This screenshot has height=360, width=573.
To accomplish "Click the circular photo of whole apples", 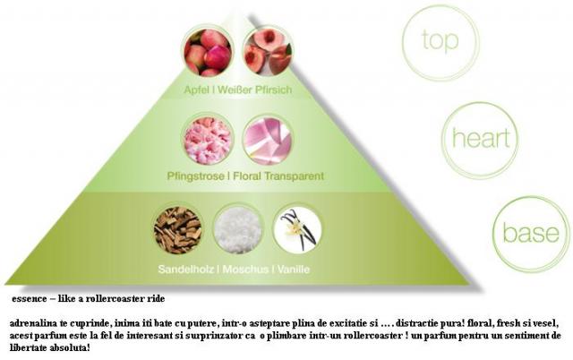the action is coord(208,53).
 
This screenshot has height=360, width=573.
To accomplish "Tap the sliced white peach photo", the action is coord(268,53).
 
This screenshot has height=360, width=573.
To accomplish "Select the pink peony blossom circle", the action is coord(208,141).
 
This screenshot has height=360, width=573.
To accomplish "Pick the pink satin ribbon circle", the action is coord(268,141).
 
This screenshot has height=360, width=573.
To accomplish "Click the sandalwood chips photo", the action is coord(177,230).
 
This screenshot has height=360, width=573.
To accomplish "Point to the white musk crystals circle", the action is coord(238,230).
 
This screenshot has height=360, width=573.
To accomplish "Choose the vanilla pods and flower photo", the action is coord(298,230).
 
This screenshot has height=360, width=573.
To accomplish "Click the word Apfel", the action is coord(197,90).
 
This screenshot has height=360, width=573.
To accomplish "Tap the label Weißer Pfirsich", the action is coord(254,90).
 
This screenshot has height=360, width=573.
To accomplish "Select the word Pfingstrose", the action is coord(195,176).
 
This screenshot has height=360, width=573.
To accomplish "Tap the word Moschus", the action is coord(245,270).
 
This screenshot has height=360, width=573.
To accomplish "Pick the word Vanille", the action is coord(294,270).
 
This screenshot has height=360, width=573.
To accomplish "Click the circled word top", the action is coord(440,40).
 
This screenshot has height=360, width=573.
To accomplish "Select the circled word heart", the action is coord(481,138).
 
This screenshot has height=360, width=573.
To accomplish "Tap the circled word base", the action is coord(531,233).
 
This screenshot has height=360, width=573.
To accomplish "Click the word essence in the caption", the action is coord(30,299).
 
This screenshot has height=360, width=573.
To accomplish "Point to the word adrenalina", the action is coord(32,324).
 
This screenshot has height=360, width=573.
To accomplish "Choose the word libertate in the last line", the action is coord(28,347).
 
